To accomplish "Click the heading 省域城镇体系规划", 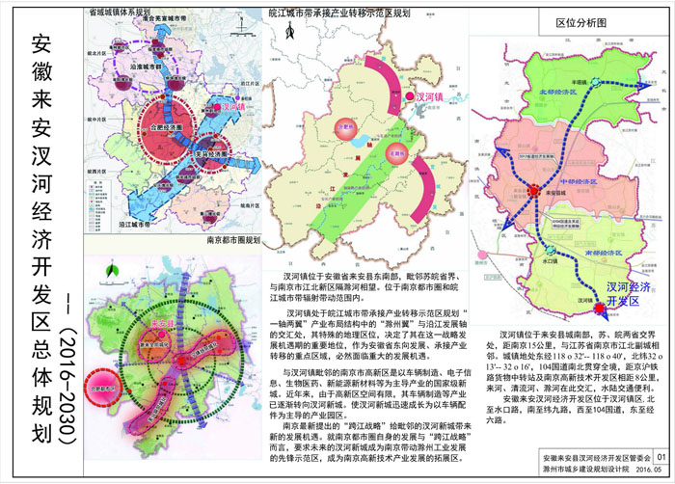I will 121,13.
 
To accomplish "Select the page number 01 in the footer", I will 660,458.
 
